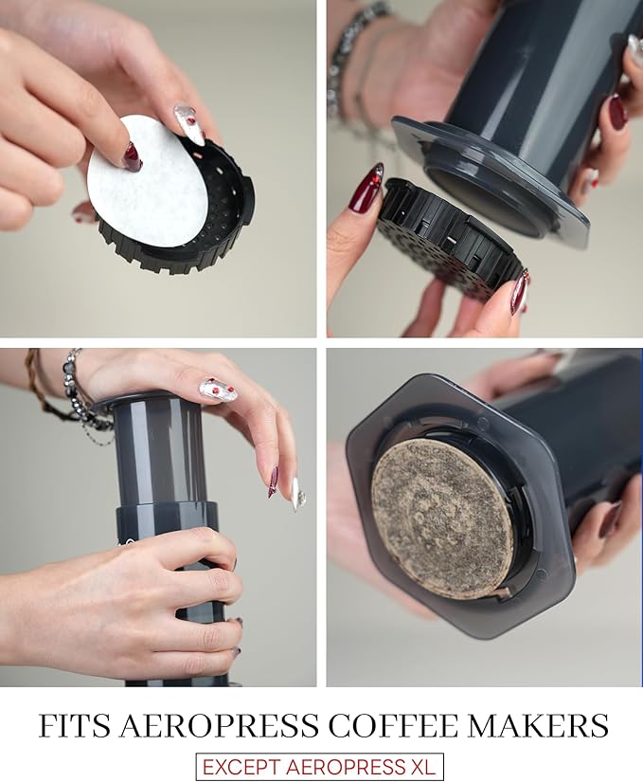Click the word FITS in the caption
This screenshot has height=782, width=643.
pyautogui.click(x=75, y=726)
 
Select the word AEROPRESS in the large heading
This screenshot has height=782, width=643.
pyautogui.click(x=219, y=726)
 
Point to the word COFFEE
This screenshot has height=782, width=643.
pyautogui.click(x=393, y=726)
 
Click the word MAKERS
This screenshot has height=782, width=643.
pyautogui.click(x=538, y=726)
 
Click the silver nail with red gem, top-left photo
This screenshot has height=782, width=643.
pyautogui.click(x=188, y=123)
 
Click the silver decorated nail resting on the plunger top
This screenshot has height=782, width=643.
pyautogui.click(x=218, y=390)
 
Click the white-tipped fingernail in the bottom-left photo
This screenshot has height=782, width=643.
pyautogui.click(x=298, y=494)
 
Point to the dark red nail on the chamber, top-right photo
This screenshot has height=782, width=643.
pyautogui.click(x=618, y=111)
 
